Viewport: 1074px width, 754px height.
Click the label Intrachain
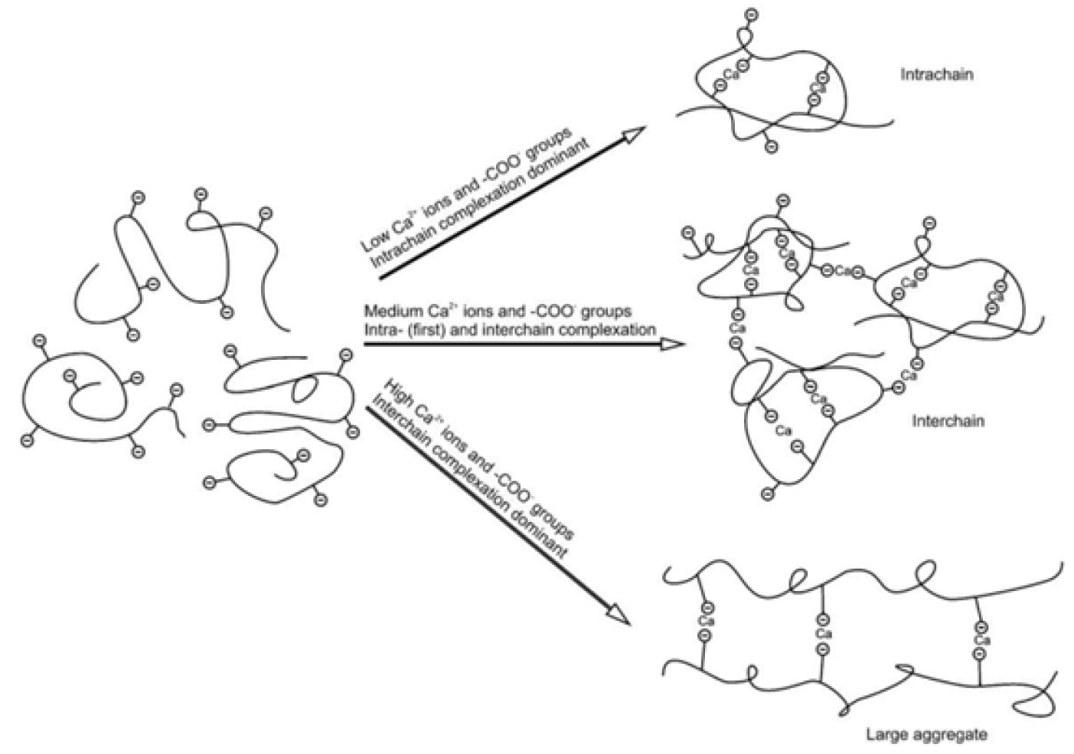coord(936,75)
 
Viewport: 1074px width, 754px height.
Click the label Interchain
coord(948,421)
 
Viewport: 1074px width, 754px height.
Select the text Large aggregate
coord(926,734)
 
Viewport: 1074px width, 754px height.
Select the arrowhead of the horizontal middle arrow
coord(672,344)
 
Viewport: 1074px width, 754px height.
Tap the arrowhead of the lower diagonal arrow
coord(619,616)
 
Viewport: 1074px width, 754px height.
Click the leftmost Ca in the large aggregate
coord(707,622)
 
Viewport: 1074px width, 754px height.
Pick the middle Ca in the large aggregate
coord(823,634)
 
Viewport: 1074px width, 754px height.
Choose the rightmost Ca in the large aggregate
coord(981,640)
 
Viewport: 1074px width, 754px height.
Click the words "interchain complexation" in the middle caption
coord(571,330)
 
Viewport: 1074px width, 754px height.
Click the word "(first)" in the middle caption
coord(428,330)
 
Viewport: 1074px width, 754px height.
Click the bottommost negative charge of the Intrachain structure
coord(772,147)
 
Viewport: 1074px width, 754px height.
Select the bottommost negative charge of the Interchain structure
coord(768,495)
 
